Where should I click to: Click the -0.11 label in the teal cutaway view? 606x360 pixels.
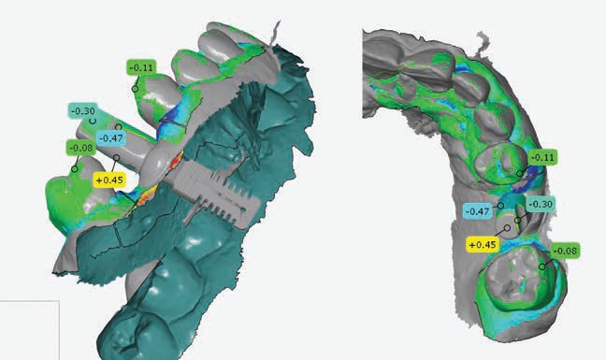pos(141,67)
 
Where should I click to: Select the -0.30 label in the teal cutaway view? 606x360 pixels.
pos(82,111)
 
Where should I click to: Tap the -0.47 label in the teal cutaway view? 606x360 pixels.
pos(111,137)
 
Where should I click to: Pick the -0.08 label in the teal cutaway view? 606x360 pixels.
pos(81,148)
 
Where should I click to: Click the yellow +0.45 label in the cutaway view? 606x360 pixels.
pos(109,180)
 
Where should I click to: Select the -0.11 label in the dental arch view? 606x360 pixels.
pos(542,157)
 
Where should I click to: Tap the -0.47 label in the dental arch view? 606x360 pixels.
pos(478,211)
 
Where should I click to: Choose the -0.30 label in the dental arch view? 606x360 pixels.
pos(541,204)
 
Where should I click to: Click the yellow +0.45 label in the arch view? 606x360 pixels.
pos(483,245)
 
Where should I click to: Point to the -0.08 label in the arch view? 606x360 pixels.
pos(565,252)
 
